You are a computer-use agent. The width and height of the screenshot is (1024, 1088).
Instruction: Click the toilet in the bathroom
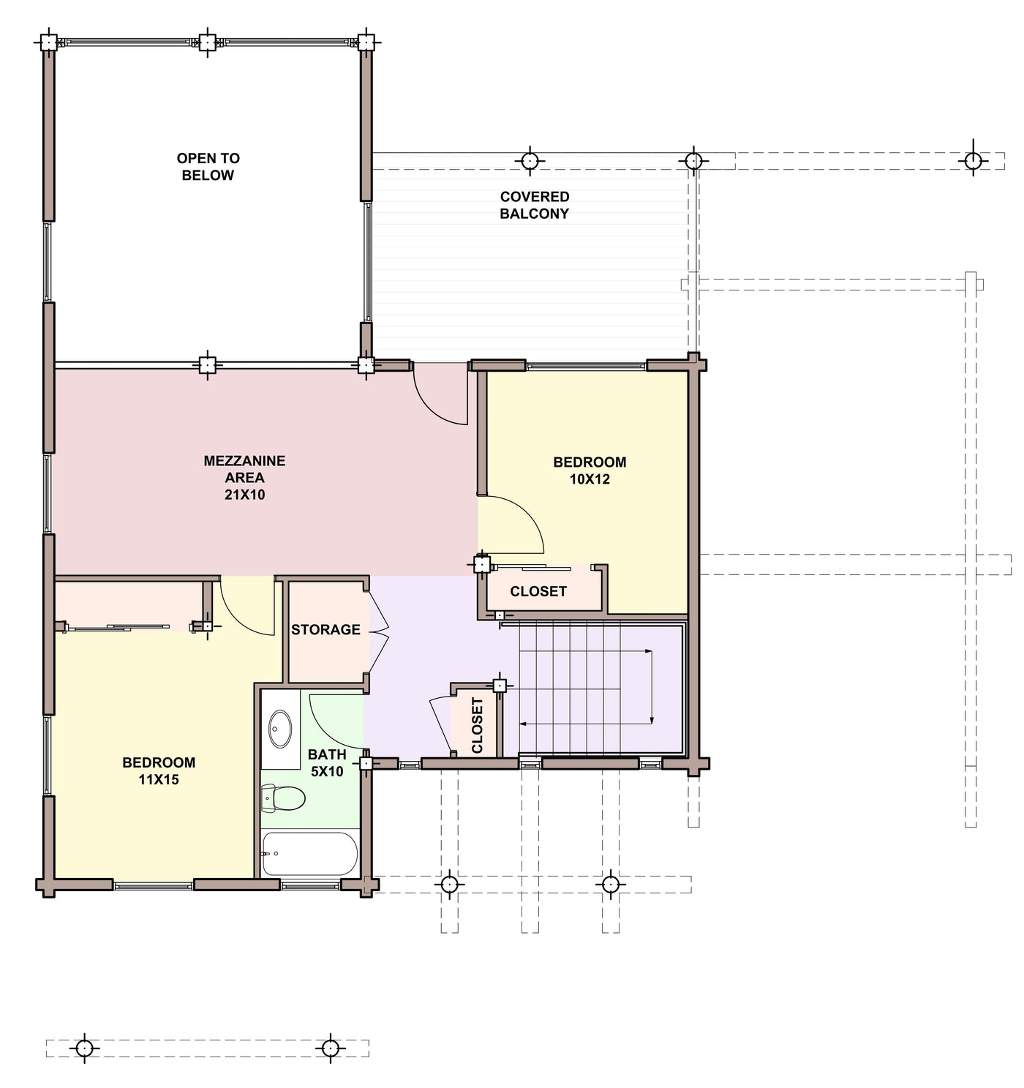[283, 798]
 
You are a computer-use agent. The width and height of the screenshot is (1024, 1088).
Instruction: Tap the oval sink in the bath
[280, 729]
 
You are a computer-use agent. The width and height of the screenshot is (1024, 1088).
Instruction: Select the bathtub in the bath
[310, 854]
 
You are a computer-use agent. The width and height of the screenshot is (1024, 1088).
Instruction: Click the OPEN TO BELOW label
[208, 167]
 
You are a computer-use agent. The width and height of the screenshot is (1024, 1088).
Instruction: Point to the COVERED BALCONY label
[534, 205]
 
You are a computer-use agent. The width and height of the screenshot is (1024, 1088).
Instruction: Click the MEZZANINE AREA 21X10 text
[244, 477]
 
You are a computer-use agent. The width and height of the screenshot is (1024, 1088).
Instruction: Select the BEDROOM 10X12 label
[590, 470]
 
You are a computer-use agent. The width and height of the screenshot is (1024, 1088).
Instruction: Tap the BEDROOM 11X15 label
[159, 770]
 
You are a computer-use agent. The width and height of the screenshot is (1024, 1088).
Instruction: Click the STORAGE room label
[325, 629]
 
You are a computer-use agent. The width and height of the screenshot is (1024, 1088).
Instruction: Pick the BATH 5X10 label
[327, 763]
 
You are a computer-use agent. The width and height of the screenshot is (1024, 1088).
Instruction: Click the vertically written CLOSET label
[477, 725]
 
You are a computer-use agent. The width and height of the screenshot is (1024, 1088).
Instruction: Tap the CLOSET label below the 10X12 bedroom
[538, 591]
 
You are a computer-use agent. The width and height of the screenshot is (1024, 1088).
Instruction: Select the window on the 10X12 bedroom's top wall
[586, 365]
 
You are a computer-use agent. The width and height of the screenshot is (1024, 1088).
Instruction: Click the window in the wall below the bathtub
[311, 885]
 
